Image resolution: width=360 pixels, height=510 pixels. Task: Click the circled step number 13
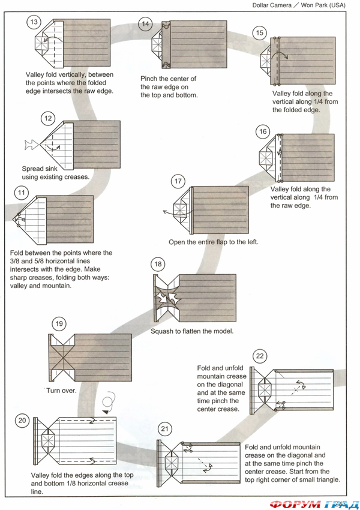[34, 22]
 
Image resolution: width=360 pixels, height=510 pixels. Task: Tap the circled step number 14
[145, 24]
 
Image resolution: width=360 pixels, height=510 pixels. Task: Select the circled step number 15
[259, 33]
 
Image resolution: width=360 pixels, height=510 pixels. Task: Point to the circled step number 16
[262, 132]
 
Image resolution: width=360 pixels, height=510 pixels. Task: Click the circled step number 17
[178, 181]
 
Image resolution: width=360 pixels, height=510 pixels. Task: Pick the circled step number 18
[158, 264]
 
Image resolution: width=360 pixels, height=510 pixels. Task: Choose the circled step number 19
[59, 324]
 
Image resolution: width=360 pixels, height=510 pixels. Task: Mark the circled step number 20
[22, 421]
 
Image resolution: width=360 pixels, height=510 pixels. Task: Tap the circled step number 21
[165, 428]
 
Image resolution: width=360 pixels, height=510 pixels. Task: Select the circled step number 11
[22, 193]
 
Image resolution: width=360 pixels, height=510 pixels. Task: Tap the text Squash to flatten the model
[191, 331]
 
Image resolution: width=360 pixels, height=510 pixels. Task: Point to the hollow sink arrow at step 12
[29, 144]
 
